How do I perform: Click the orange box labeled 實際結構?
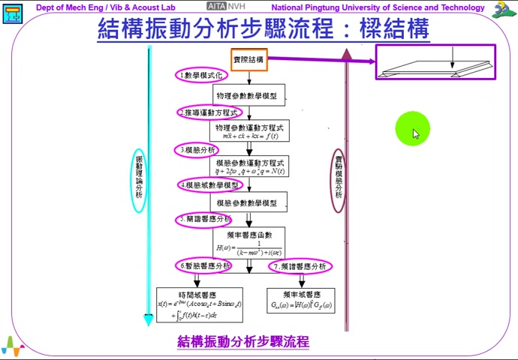pyautogui.click(x=248, y=60)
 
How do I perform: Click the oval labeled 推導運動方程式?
pyautogui.click(x=210, y=112)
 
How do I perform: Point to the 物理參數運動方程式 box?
pyautogui.click(x=248, y=131)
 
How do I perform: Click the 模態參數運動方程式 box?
pyautogui.click(x=248, y=166)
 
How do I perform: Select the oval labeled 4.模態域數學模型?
pyautogui.click(x=210, y=185)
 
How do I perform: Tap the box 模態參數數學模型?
pyautogui.click(x=248, y=202)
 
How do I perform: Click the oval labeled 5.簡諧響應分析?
pyautogui.click(x=204, y=220)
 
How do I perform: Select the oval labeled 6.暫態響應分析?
pyautogui.click(x=204, y=266)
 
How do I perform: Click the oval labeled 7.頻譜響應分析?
pyautogui.click(x=300, y=266)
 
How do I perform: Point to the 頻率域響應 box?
pyautogui.click(x=301, y=300)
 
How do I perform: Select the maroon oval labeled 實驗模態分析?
pyautogui.click(x=339, y=180)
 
